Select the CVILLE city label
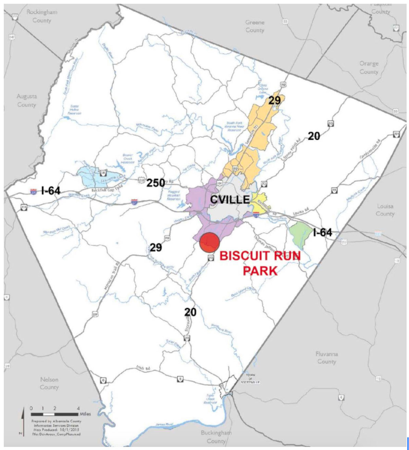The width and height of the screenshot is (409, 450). coord(230,199)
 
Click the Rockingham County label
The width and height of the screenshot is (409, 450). coord(42,16)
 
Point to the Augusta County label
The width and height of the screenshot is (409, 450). coord(26,101)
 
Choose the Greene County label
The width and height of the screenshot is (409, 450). coord(255,26)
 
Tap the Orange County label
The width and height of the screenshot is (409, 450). coord(369,68)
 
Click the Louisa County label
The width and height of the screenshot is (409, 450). coord(385,210)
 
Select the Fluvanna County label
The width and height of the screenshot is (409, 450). coord(326,358)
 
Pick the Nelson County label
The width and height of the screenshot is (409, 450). coord(49,383)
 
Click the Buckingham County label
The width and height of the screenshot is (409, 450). coord(216,437)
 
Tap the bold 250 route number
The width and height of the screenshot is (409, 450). coord(156,183)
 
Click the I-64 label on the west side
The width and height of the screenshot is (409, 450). coord(50,191)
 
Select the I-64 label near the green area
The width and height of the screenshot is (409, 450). coord(322,233)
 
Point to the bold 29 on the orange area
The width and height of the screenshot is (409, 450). coord(274,100)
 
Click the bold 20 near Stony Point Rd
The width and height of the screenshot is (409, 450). coord(313,136)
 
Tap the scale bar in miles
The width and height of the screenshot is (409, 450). coord(55,414)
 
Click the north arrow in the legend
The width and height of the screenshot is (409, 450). coord(23,421)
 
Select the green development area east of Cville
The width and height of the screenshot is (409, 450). coord(299,234)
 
